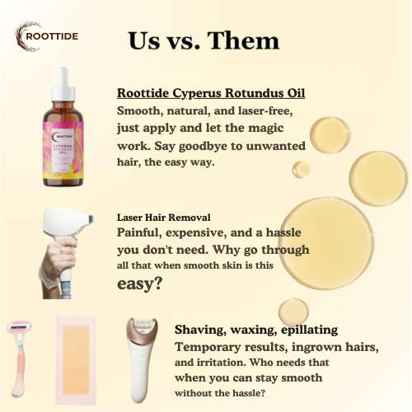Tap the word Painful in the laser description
(141, 233)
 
